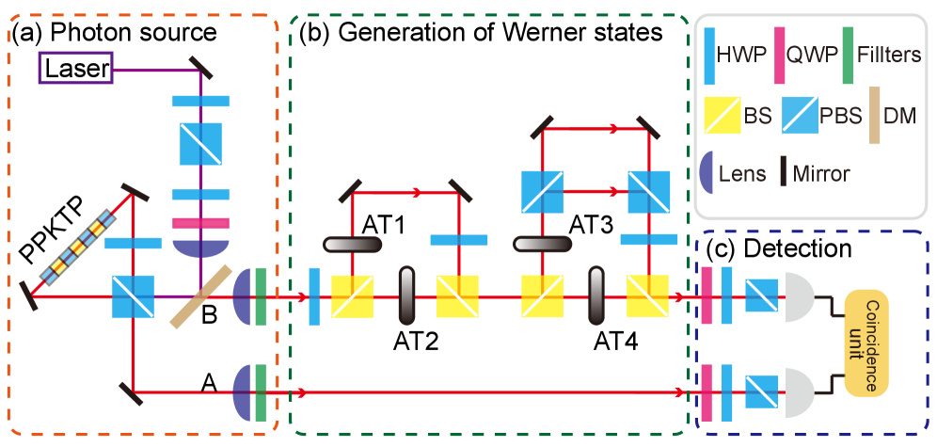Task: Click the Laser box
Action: pyautogui.click(x=76, y=69)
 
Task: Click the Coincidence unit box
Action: pyautogui.click(x=866, y=343)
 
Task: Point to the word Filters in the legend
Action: pyautogui.click(x=889, y=56)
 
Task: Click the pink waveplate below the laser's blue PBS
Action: pyautogui.click(x=200, y=224)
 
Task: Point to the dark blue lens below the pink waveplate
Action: pyautogui.click(x=200, y=247)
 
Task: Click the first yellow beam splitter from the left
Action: pyautogui.click(x=352, y=295)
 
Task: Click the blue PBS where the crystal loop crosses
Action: pyautogui.click(x=133, y=295)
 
